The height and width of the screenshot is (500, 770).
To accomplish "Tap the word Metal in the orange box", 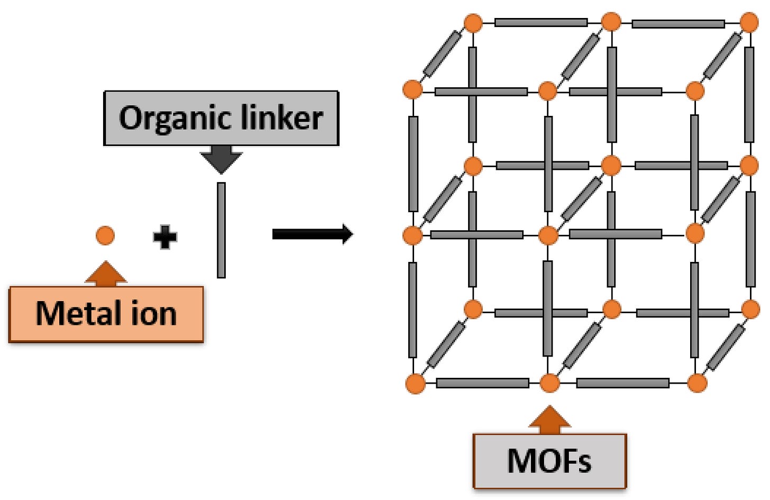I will point(75,314).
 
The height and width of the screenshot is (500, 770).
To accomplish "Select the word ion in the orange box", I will point(153,314).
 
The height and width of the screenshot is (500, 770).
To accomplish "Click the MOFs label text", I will point(549,461).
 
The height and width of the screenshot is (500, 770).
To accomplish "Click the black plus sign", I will point(165,237).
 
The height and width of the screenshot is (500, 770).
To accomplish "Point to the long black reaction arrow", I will point(312,234).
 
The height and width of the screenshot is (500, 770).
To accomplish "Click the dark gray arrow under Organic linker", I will point(221,160).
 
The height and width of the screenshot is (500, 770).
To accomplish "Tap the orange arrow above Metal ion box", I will point(106,274).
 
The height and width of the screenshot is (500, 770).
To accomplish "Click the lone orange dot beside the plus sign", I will point(105,235).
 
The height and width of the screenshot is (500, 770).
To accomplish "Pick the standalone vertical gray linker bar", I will point(221,230).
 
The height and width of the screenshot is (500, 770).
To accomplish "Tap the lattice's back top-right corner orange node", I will point(749,23).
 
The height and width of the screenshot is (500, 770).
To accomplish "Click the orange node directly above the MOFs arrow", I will point(549,383).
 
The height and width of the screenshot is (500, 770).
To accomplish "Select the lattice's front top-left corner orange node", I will point(412,89).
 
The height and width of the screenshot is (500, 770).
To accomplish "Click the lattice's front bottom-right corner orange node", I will point(697,383).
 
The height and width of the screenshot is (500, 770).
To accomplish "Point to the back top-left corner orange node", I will point(473,23).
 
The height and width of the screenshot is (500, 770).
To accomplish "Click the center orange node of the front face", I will point(548,235).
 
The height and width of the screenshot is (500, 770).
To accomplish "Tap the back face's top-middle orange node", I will point(611,23).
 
